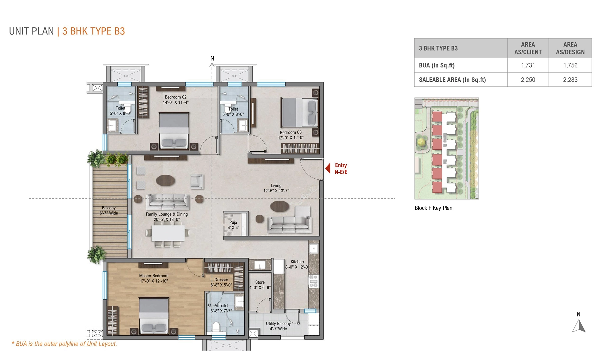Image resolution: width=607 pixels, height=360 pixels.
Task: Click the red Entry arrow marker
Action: [328, 168]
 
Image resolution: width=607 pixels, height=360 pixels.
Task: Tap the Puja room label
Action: [233, 222]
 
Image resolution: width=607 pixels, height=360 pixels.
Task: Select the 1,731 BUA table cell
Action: [528, 65]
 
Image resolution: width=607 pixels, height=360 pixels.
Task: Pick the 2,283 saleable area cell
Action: [570, 80]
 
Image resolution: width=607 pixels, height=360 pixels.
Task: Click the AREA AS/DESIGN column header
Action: [570, 48]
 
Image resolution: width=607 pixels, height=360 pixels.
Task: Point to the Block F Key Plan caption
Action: [433, 208]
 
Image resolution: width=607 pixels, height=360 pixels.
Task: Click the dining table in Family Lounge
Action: [168, 233]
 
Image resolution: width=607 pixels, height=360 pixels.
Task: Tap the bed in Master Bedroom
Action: [154, 315]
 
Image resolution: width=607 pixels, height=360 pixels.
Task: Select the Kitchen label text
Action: [297, 262]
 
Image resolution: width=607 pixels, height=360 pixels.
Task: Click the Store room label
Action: [260, 282]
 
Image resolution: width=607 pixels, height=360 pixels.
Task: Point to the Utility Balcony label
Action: [278, 324]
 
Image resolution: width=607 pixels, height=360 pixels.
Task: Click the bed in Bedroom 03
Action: [299, 112]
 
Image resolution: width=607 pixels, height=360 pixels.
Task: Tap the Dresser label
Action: [221, 280]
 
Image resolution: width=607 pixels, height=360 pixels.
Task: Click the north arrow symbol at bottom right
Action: [579, 326]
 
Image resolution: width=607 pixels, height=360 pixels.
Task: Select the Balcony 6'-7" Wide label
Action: [109, 210]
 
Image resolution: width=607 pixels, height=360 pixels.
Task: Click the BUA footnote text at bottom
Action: [65, 344]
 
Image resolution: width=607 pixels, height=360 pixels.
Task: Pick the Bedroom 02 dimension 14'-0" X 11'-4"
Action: [176, 102]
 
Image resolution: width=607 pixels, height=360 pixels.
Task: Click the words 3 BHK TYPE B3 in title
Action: [93, 31]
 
